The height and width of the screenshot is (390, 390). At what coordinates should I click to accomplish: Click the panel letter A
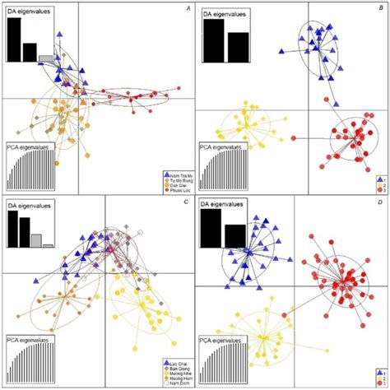(189, 9)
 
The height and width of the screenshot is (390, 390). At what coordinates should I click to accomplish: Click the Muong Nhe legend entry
(173, 373)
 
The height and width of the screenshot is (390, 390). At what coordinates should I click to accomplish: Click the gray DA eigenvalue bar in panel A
(46, 58)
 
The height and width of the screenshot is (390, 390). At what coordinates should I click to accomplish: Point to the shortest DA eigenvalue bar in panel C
(49, 245)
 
